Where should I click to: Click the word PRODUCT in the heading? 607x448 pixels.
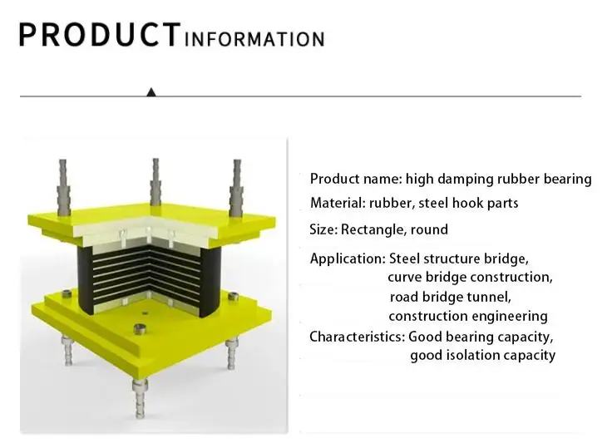100,35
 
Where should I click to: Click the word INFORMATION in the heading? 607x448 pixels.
254,39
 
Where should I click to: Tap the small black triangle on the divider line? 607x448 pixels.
151,92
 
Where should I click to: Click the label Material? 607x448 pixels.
338,203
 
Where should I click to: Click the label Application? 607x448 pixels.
348,258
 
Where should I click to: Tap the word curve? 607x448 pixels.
405,278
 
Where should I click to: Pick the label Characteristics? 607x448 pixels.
357,337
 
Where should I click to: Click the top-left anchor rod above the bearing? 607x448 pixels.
63,188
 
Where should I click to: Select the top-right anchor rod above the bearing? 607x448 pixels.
237,188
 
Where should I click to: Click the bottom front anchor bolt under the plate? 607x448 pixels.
140,398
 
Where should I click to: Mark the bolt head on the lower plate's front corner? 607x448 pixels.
140,329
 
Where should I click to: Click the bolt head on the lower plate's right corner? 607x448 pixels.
233,297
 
